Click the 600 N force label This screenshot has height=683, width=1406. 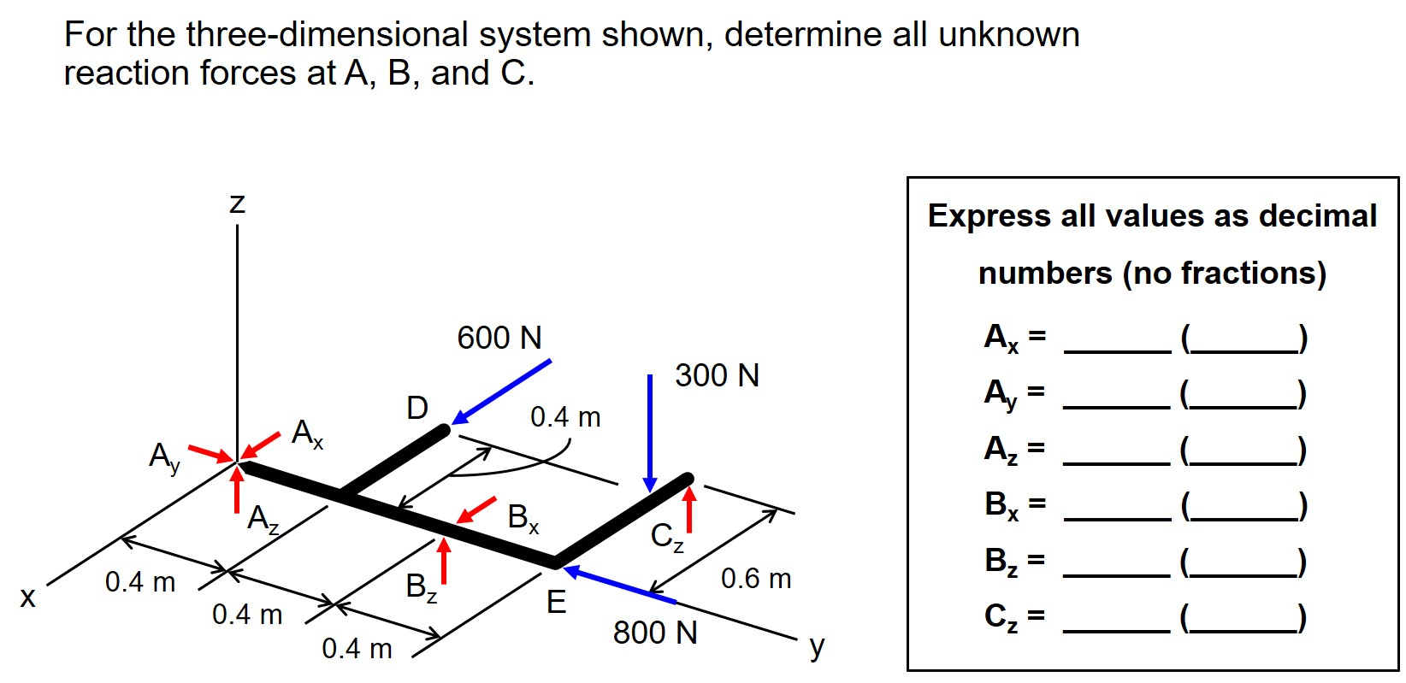[x=499, y=338]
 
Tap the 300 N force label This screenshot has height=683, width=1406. [x=717, y=375]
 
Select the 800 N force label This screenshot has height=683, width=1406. [x=655, y=633]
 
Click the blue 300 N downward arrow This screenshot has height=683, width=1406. [x=650, y=432]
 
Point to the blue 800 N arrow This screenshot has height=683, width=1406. [x=619, y=586]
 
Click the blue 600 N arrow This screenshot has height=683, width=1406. [x=502, y=392]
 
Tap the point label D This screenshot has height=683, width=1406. [x=417, y=408]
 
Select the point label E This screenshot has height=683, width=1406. [x=556, y=603]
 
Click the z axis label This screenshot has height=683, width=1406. [x=237, y=203]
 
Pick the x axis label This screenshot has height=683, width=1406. [x=28, y=597]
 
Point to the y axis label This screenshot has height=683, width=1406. [x=817, y=646]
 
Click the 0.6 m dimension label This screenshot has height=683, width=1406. [x=756, y=579]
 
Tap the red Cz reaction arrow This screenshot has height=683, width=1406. [x=689, y=509]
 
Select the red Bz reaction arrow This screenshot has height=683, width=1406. [x=443, y=561]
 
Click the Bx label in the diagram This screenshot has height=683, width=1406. [x=523, y=517]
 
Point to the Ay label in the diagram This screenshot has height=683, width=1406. [x=164, y=456]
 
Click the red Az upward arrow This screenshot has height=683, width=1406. [x=237, y=490]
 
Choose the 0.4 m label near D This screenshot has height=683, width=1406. [x=565, y=417]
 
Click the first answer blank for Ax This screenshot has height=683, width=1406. [x=1116, y=340]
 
